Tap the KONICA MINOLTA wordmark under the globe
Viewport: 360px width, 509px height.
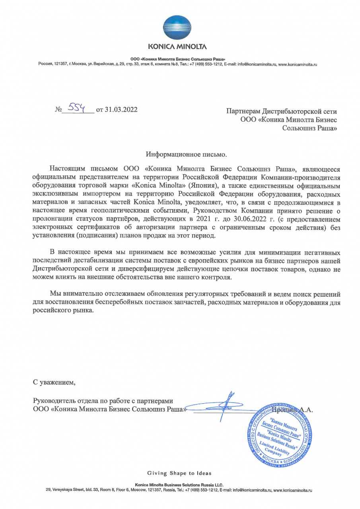click(180, 47)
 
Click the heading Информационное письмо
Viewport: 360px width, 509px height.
click(187, 154)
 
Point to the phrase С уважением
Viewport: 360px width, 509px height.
click(54, 383)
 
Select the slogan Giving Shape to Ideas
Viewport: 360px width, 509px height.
click(179, 473)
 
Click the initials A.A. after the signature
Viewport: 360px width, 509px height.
click(307, 409)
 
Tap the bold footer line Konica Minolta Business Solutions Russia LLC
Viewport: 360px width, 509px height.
click(179, 485)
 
